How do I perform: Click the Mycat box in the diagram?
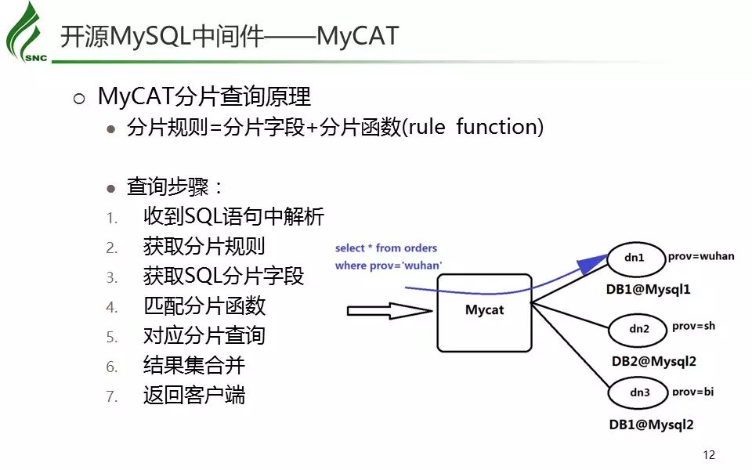pyautogui.click(x=484, y=311)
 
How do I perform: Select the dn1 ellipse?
pyautogui.click(x=634, y=257)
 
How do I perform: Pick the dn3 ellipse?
pyautogui.click(x=640, y=392)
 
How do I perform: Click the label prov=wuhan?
pyautogui.click(x=701, y=256)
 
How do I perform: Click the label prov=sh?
pyautogui.click(x=693, y=327)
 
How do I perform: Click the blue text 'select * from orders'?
pyautogui.click(x=386, y=248)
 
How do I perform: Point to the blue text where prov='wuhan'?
pyautogui.click(x=389, y=266)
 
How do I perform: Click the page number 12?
pyautogui.click(x=710, y=455)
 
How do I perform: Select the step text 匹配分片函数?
pyautogui.click(x=204, y=305)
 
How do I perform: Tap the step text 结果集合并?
pyautogui.click(x=194, y=365)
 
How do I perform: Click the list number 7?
pyautogui.click(x=112, y=396)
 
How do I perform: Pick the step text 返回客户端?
pyautogui.click(x=194, y=395)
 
